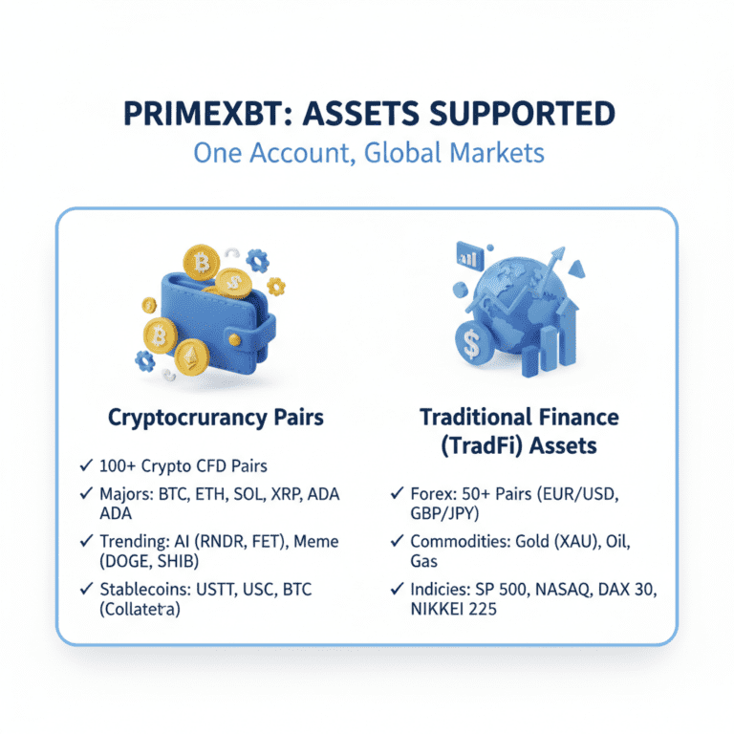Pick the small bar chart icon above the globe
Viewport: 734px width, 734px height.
pos(471,254)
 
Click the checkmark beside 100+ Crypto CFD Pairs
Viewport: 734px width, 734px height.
pos(87,467)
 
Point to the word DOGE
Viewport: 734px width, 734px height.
pos(121,561)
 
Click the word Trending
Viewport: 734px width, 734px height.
pos(133,542)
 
